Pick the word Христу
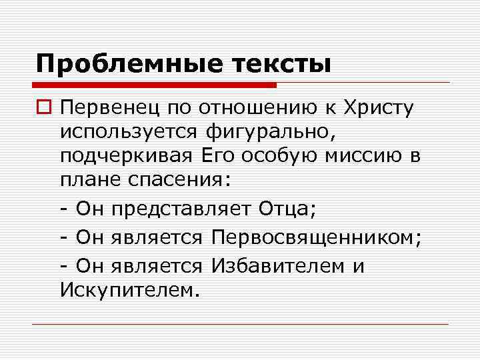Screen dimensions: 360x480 pyautogui.click(x=378, y=107)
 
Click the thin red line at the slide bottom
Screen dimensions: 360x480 pyautogui.click(x=240, y=324)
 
